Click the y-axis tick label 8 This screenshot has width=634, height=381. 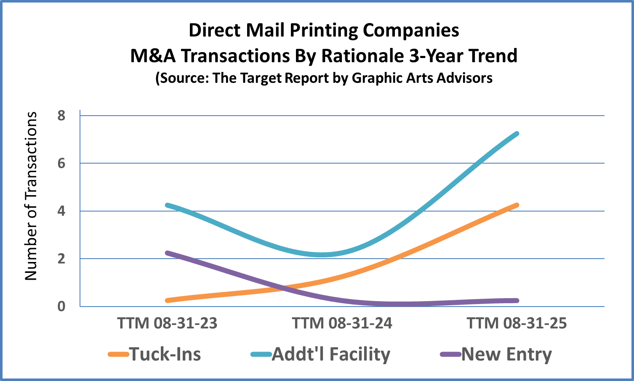[x=61, y=116]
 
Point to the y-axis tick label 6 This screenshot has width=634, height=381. [x=61, y=163]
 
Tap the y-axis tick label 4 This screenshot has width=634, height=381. [x=61, y=211]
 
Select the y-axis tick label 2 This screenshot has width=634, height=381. [x=61, y=259]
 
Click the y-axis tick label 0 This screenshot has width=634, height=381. [x=61, y=306]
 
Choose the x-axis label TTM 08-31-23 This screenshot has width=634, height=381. [x=167, y=323]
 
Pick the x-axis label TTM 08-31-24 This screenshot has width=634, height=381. [x=342, y=323]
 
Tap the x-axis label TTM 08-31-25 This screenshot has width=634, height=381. [x=517, y=323]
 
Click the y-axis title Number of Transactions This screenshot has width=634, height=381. [x=31, y=196]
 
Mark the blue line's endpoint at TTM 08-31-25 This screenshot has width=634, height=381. [x=517, y=134]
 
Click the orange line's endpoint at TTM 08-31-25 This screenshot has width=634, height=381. [x=517, y=205]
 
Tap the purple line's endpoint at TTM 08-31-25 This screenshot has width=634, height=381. [x=517, y=300]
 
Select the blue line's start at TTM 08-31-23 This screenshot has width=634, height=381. [x=168, y=205]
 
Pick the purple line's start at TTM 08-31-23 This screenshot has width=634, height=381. [x=168, y=253]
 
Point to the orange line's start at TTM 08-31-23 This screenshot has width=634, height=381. [x=168, y=300]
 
